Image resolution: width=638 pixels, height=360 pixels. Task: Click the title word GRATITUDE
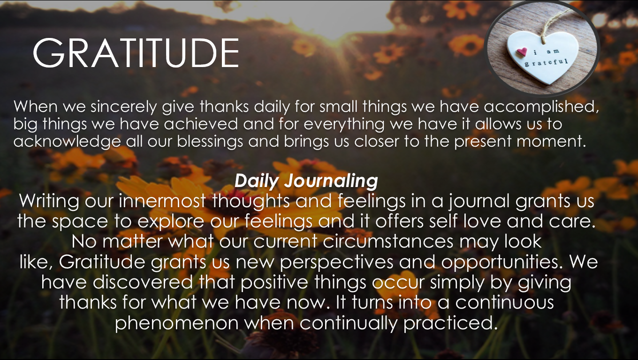tap(136, 53)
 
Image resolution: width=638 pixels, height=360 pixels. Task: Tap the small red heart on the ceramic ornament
tap(522, 52)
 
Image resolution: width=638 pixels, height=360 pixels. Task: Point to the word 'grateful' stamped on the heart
tap(546, 62)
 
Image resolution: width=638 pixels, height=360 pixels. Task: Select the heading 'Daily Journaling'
tap(306, 181)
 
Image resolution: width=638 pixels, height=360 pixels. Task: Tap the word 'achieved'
tap(201, 124)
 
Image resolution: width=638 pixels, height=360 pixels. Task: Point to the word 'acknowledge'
tap(67, 142)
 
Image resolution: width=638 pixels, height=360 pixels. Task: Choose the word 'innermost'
tap(162, 201)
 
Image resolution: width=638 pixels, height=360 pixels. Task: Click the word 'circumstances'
tap(388, 241)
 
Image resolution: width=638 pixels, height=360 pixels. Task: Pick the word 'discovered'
tap(143, 282)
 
